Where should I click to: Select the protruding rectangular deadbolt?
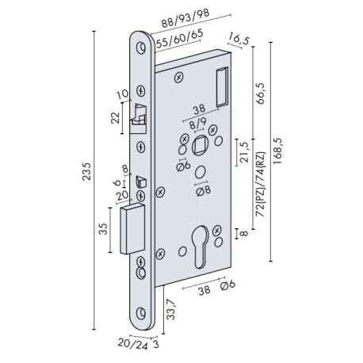pyautogui.click(x=132, y=227)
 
